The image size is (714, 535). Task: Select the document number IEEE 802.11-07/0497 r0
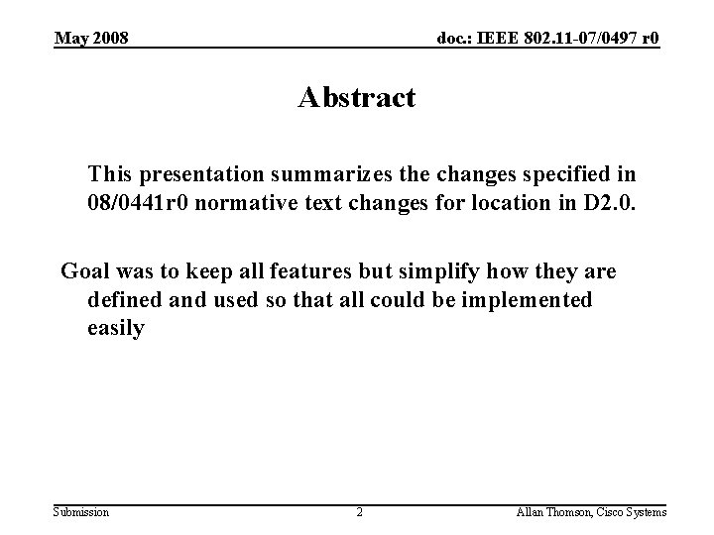click(x=548, y=39)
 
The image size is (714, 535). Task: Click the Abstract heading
click(x=356, y=98)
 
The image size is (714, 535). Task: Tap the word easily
click(x=115, y=327)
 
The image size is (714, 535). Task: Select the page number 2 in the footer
click(x=359, y=512)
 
